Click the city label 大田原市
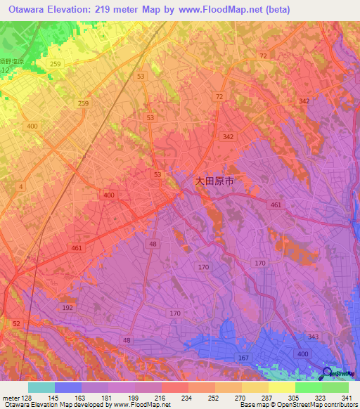(x=214, y=181)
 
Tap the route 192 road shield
(x=67, y=308)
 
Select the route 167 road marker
(x=244, y=358)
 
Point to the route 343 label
(x=313, y=337)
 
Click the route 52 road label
(x=15, y=323)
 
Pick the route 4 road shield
(x=21, y=186)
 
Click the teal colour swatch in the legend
(x=41, y=387)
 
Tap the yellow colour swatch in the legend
(x=281, y=387)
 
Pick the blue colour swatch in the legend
(x=68, y=387)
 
